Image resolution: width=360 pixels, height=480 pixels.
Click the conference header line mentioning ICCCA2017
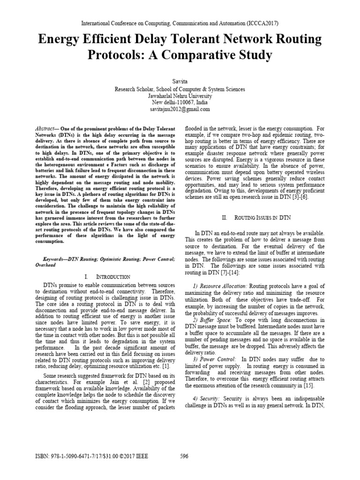[x=180, y=22]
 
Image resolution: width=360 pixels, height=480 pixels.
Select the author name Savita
[x=180, y=82]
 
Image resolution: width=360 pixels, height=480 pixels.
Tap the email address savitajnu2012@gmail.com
[x=180, y=109]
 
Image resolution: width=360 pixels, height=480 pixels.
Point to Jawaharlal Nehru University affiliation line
[x=180, y=96]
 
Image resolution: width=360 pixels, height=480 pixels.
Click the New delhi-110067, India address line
[x=180, y=102]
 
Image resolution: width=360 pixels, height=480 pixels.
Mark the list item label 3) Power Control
[x=212, y=359]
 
